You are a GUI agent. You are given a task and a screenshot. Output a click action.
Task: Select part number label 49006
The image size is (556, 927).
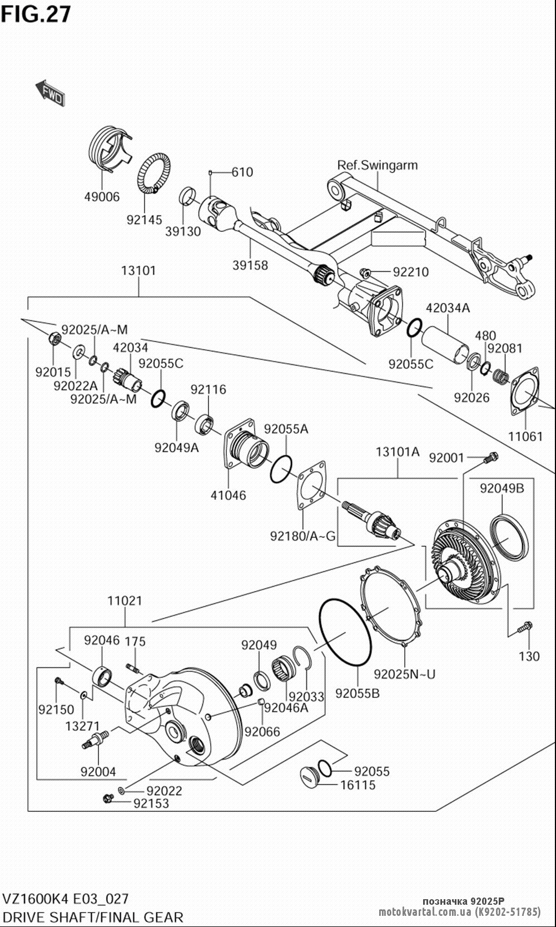(x=102, y=197)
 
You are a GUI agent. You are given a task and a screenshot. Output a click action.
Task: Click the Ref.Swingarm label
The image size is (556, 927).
(x=378, y=165)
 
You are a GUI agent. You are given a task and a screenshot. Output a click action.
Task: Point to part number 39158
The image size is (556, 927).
(x=250, y=265)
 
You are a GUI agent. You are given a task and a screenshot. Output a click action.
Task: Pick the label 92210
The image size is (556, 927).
(x=411, y=272)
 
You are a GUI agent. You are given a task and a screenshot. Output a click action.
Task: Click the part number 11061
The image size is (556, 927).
(x=525, y=436)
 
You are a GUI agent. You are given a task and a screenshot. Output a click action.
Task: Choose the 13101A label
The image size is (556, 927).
(x=398, y=452)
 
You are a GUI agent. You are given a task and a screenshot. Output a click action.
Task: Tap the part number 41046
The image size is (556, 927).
(x=229, y=495)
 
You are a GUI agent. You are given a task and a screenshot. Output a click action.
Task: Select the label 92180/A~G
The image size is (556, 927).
(x=303, y=536)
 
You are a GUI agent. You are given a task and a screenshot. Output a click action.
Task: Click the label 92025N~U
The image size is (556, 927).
(x=405, y=674)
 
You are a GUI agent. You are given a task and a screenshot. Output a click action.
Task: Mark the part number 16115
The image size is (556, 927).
(x=358, y=785)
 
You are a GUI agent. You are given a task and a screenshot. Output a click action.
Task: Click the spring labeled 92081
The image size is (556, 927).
(x=502, y=376)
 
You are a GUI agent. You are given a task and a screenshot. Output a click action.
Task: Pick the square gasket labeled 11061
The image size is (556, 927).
(x=525, y=391)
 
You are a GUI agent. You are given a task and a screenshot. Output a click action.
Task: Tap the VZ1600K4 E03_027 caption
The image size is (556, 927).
(x=66, y=899)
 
